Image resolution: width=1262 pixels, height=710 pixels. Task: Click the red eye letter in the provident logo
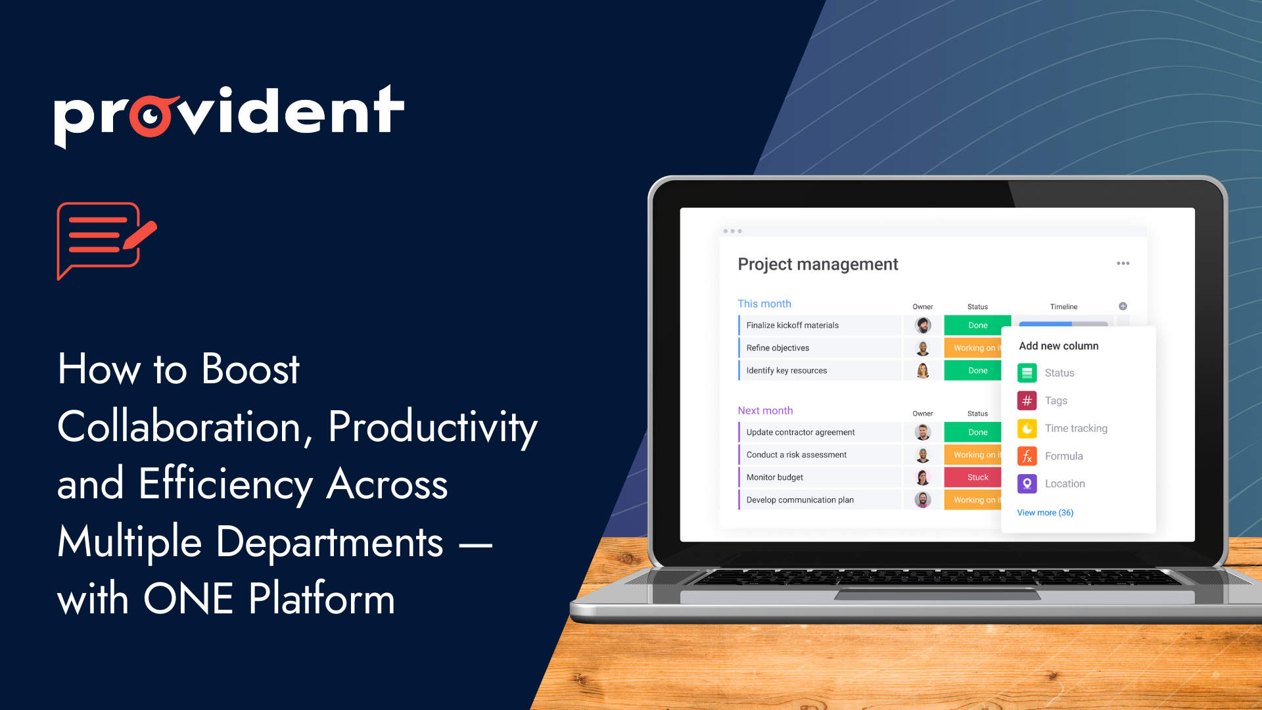point(152,116)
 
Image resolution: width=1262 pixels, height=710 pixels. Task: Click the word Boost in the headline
point(250,369)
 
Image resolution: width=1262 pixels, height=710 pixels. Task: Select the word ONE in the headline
point(188,599)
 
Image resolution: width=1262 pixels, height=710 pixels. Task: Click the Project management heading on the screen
point(818,264)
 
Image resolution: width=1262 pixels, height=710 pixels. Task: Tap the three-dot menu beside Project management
point(1123,263)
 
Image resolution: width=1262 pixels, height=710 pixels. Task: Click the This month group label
point(764,304)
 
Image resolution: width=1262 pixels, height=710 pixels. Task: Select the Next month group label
point(765,410)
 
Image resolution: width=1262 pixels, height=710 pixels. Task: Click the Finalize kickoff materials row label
point(793,325)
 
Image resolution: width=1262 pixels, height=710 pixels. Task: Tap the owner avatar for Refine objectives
point(923,348)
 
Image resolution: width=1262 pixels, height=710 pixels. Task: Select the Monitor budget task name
point(775,477)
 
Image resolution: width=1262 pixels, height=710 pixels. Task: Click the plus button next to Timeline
point(1123,306)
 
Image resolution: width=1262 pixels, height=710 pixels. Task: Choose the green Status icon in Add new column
point(1027,373)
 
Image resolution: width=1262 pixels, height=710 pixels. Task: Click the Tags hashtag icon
point(1027,400)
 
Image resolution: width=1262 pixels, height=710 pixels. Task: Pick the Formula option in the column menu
point(1063,456)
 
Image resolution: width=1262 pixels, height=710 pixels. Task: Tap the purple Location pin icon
point(1027,484)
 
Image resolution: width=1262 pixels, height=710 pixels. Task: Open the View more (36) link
point(1045,513)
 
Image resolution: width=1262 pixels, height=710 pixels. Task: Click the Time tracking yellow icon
point(1027,429)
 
